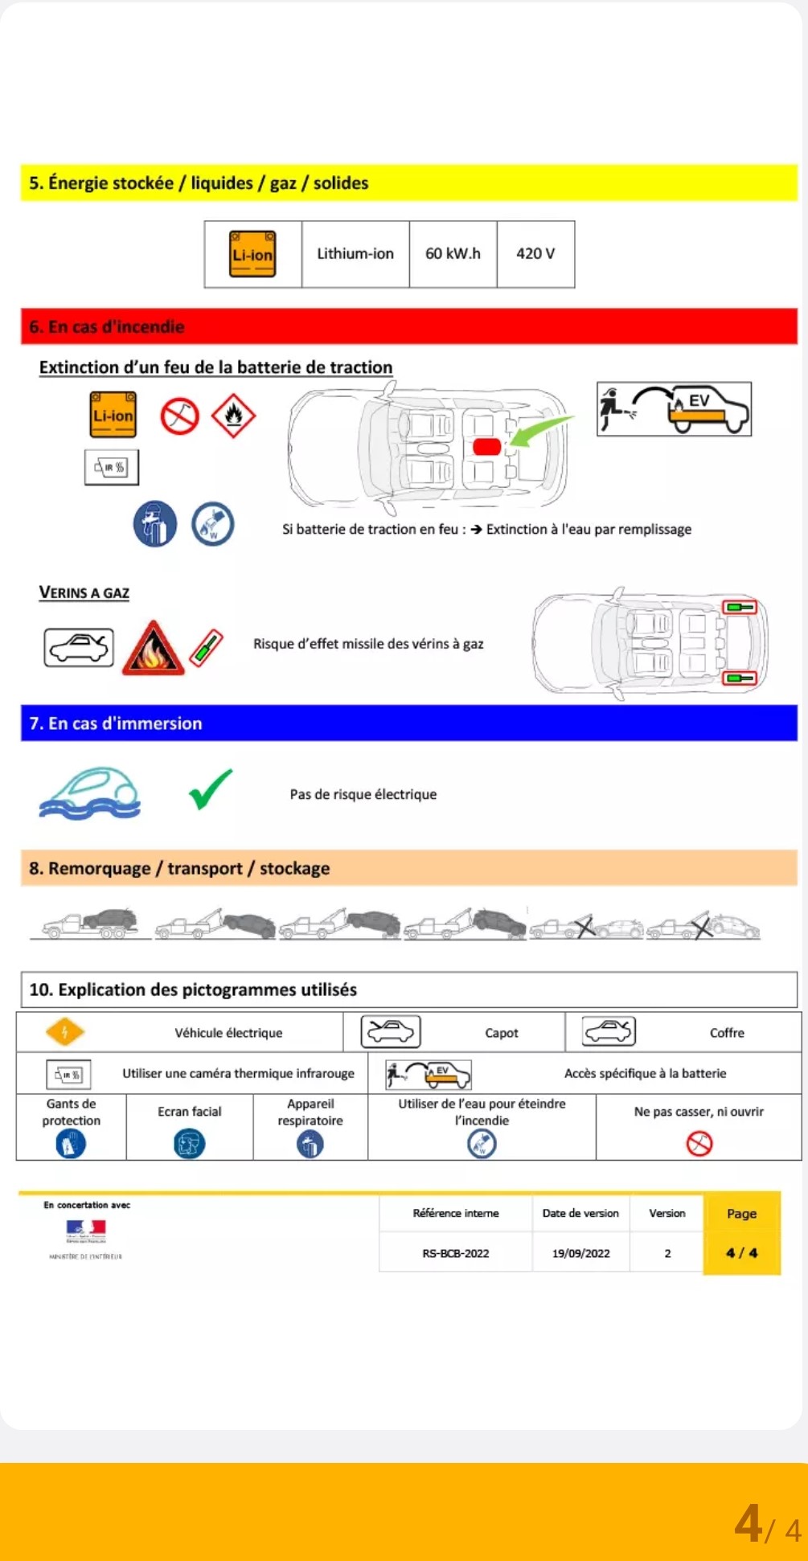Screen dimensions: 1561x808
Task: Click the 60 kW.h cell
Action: point(453,254)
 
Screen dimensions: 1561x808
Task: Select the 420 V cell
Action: point(535,254)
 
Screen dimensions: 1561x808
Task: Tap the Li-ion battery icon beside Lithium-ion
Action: point(252,254)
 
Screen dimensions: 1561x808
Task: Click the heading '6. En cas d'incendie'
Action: point(107,327)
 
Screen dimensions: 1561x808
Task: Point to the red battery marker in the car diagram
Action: point(486,447)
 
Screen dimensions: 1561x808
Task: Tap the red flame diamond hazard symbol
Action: point(233,416)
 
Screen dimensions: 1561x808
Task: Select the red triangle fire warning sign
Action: point(153,649)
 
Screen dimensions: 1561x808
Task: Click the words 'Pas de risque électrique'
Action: point(363,794)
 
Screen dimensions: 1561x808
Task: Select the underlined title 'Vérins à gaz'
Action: point(84,593)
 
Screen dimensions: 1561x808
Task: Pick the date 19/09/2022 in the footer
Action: point(580,1253)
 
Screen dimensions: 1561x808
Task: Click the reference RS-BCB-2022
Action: point(456,1253)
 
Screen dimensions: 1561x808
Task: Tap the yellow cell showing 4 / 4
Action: point(741,1252)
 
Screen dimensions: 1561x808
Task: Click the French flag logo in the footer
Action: point(86,1229)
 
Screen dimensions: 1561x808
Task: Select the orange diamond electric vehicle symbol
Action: point(65,1032)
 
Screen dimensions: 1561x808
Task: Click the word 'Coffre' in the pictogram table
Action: point(727,1033)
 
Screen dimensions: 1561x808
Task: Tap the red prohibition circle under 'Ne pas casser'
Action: point(699,1143)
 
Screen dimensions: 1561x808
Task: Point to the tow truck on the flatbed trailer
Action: point(91,924)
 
